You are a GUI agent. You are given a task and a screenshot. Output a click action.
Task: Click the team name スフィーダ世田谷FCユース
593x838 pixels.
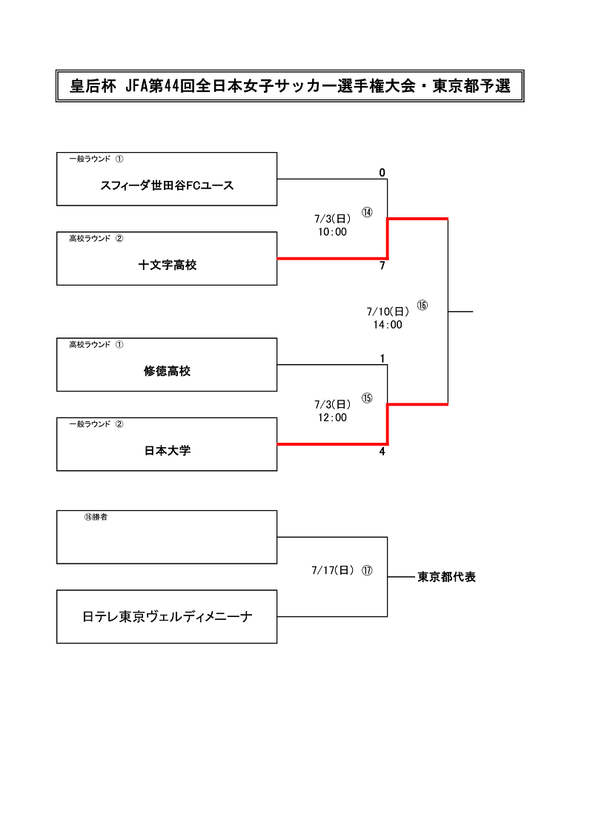(168, 185)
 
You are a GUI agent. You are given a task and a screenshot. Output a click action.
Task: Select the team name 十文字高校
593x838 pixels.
(168, 265)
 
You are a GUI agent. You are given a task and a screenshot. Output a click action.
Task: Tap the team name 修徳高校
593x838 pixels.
(168, 371)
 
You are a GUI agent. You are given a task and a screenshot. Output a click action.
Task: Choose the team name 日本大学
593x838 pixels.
(168, 451)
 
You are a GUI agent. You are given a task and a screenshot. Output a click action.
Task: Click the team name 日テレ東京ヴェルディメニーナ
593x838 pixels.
(168, 617)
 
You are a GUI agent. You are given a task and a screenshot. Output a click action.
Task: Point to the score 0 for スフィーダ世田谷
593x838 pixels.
(382, 173)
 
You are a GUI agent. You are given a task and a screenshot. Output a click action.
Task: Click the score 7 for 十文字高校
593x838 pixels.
(382, 265)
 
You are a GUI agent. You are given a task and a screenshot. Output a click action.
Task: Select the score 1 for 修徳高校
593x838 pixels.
(382, 359)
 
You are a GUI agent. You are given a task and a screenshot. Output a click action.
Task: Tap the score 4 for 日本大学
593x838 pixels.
(382, 452)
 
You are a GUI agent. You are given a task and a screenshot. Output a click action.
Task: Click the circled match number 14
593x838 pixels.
(367, 212)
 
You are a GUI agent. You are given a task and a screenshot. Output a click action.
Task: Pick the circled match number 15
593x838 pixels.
(367, 398)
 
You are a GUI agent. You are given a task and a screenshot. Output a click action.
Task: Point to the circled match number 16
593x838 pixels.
(422, 305)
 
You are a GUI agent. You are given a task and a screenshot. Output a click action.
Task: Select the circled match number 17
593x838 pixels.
(367, 570)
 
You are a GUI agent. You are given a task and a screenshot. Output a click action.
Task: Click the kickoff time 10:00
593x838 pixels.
(332, 232)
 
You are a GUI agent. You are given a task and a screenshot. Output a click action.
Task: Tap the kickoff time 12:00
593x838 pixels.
(332, 418)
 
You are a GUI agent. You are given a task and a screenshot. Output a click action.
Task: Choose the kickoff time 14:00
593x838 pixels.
(388, 325)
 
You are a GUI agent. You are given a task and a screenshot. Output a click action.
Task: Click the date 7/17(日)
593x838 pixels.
(333, 570)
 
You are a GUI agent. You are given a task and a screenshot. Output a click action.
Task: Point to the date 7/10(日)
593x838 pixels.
(388, 311)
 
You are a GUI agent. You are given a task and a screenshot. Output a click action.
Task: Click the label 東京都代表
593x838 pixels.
(447, 577)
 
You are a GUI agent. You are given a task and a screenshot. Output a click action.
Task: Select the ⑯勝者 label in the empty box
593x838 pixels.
(96, 518)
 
